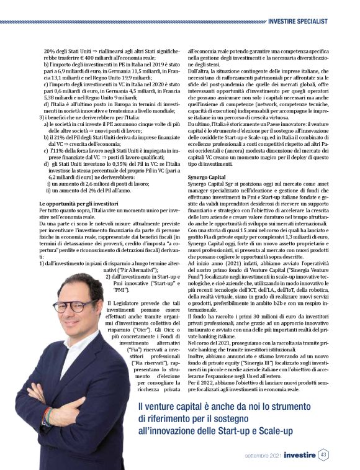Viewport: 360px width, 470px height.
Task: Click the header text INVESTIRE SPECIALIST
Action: pos(298,21)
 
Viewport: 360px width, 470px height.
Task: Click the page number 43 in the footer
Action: pos(323,454)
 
